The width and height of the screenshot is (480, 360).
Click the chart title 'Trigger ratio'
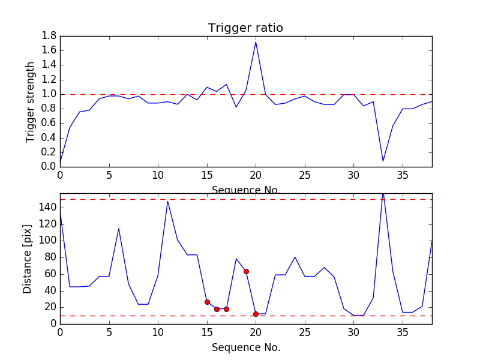245,28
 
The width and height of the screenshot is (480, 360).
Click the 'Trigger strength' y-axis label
31,101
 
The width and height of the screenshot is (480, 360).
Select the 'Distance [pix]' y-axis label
28,258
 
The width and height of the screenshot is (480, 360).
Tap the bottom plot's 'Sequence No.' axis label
246,347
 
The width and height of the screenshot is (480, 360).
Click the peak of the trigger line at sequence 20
256,41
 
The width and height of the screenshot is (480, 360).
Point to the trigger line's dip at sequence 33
383,161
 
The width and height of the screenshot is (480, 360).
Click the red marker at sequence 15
207,302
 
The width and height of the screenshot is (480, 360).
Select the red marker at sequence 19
246,271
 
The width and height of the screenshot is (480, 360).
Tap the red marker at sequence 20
256,314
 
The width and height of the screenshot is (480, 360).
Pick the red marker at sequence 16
217,309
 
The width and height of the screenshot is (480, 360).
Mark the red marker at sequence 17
226,309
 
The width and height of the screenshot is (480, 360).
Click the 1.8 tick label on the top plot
49,36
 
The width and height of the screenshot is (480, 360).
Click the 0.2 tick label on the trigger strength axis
49,152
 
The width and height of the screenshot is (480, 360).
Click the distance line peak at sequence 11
167,201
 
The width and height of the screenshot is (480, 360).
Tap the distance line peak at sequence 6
119,229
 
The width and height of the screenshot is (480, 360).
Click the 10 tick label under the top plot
158,175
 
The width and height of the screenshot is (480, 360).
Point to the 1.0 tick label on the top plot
49,94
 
